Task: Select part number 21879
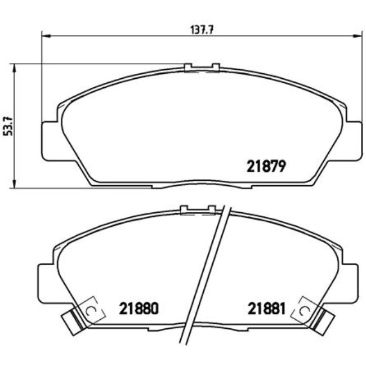(267, 166)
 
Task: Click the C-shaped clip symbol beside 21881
(305, 310)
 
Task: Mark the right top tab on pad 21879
(215, 68)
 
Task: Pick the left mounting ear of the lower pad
(46, 282)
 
